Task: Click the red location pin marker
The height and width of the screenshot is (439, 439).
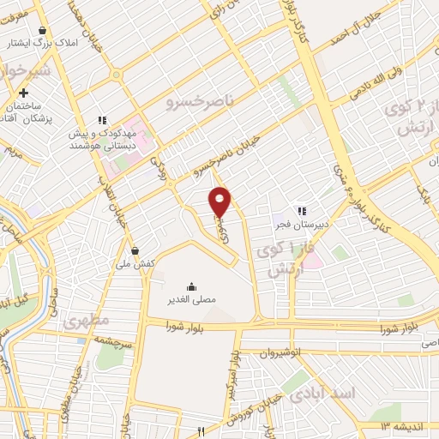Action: point(221,201)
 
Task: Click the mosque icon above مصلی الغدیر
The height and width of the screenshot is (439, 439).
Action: point(190,286)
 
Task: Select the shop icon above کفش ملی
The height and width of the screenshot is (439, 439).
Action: point(135,250)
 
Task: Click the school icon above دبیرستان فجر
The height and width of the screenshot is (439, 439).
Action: point(301,210)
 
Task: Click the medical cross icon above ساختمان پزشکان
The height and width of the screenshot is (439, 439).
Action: point(23,93)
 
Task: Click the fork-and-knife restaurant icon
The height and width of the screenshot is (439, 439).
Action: point(201,431)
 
